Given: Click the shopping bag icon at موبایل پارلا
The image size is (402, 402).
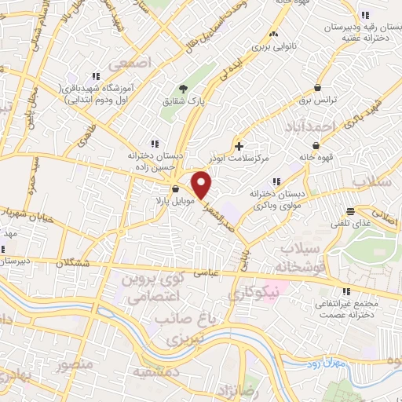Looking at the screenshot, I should pos(175,189).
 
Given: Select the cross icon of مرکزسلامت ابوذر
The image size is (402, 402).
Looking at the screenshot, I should pos(239,146).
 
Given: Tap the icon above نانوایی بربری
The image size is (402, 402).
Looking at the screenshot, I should pos(273,35).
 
